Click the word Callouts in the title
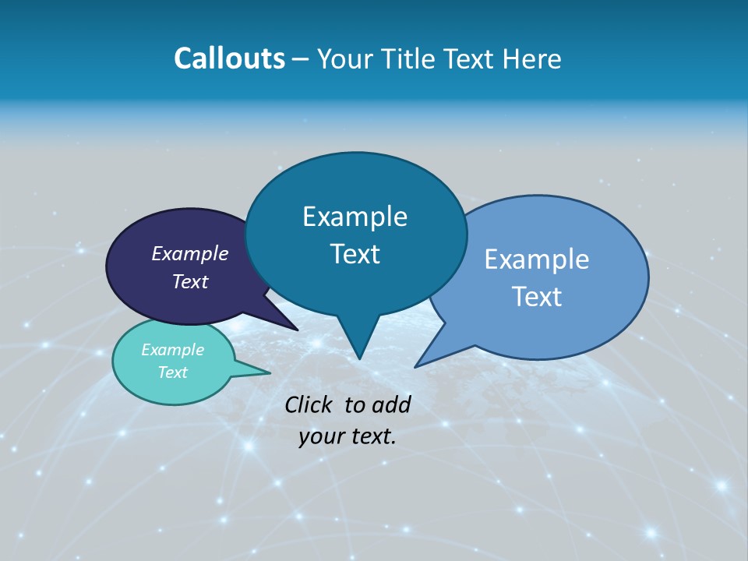[x=229, y=58]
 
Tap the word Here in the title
[x=532, y=58]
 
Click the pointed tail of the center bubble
[x=358, y=347]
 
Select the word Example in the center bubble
[x=355, y=217]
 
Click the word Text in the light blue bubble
[x=537, y=297]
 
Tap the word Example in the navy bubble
[x=190, y=253]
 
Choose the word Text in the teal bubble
[x=173, y=372]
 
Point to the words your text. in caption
[x=348, y=436]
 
